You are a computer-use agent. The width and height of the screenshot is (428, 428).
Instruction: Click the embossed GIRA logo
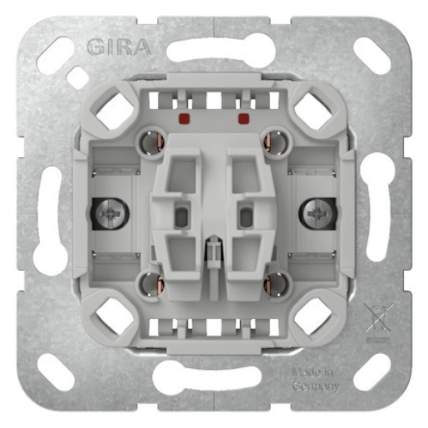[x=119, y=47]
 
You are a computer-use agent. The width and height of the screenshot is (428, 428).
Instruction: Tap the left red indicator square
[x=184, y=118]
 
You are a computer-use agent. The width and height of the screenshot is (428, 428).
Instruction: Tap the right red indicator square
[x=244, y=118]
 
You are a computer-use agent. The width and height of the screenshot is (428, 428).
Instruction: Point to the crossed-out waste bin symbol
[x=378, y=317]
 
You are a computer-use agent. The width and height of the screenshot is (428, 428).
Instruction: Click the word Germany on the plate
[x=316, y=386]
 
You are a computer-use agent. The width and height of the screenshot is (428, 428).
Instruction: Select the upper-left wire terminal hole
[x=150, y=142]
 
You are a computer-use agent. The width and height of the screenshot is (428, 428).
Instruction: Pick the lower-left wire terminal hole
[x=150, y=284]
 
